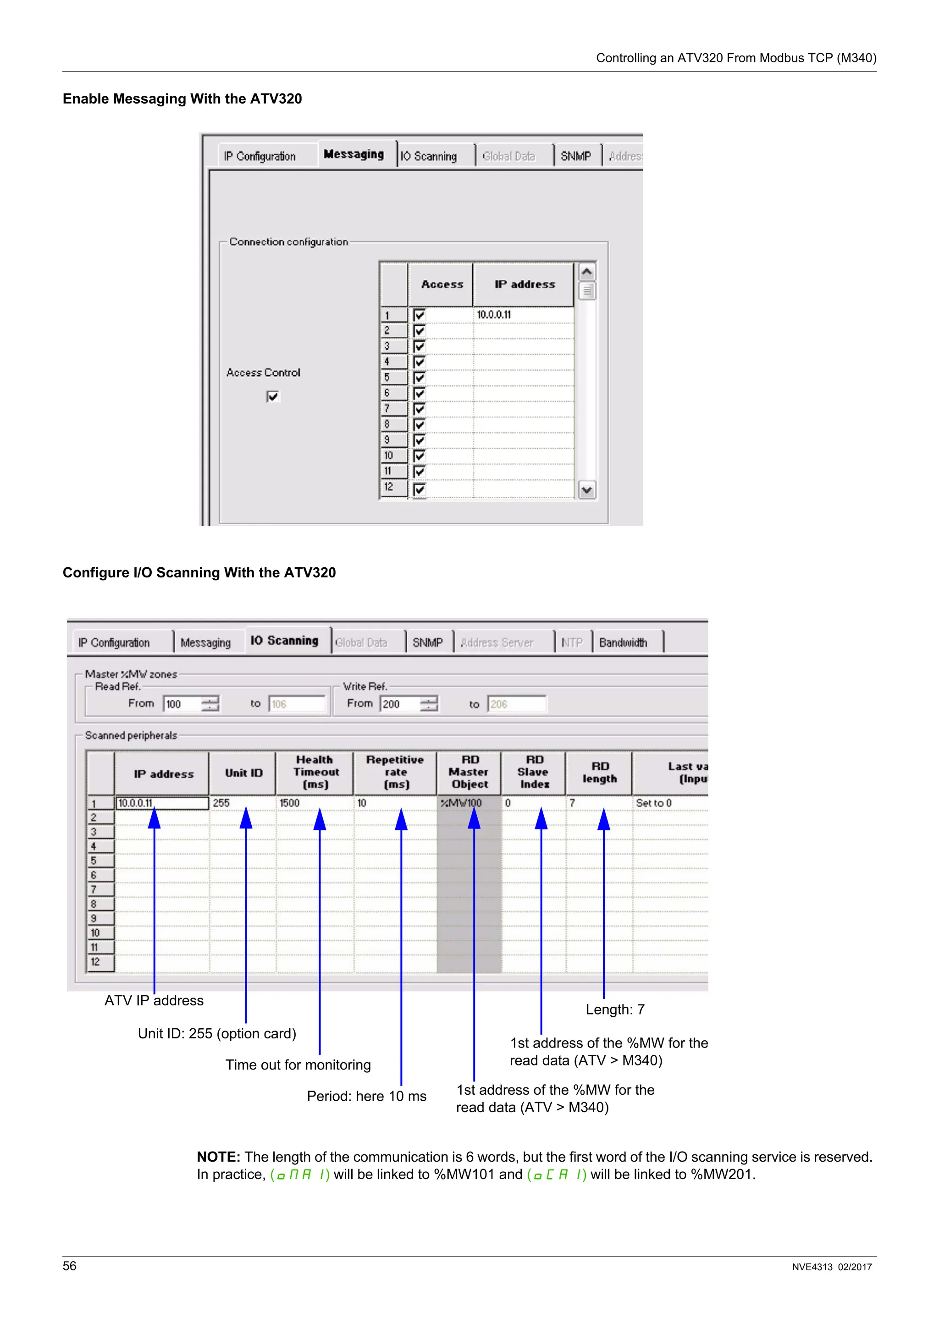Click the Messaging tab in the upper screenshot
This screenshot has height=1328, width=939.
pos(354,154)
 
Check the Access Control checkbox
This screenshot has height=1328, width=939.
pos(272,396)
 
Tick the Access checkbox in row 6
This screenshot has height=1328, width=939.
pos(420,393)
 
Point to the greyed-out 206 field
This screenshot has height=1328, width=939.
pos(516,704)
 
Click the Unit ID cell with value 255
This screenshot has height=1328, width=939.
pos(242,803)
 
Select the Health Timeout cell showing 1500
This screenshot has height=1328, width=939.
pos(314,803)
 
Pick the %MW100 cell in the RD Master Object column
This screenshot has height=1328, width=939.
pos(468,803)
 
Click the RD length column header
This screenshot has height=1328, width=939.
pos(599,773)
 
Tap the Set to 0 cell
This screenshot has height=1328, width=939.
pos(669,803)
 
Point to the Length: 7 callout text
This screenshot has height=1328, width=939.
pos(614,1010)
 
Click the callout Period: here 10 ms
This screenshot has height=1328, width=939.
pos(366,1096)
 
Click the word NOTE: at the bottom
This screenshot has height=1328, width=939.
pos(218,1157)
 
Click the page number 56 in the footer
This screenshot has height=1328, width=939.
pos(69,1266)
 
